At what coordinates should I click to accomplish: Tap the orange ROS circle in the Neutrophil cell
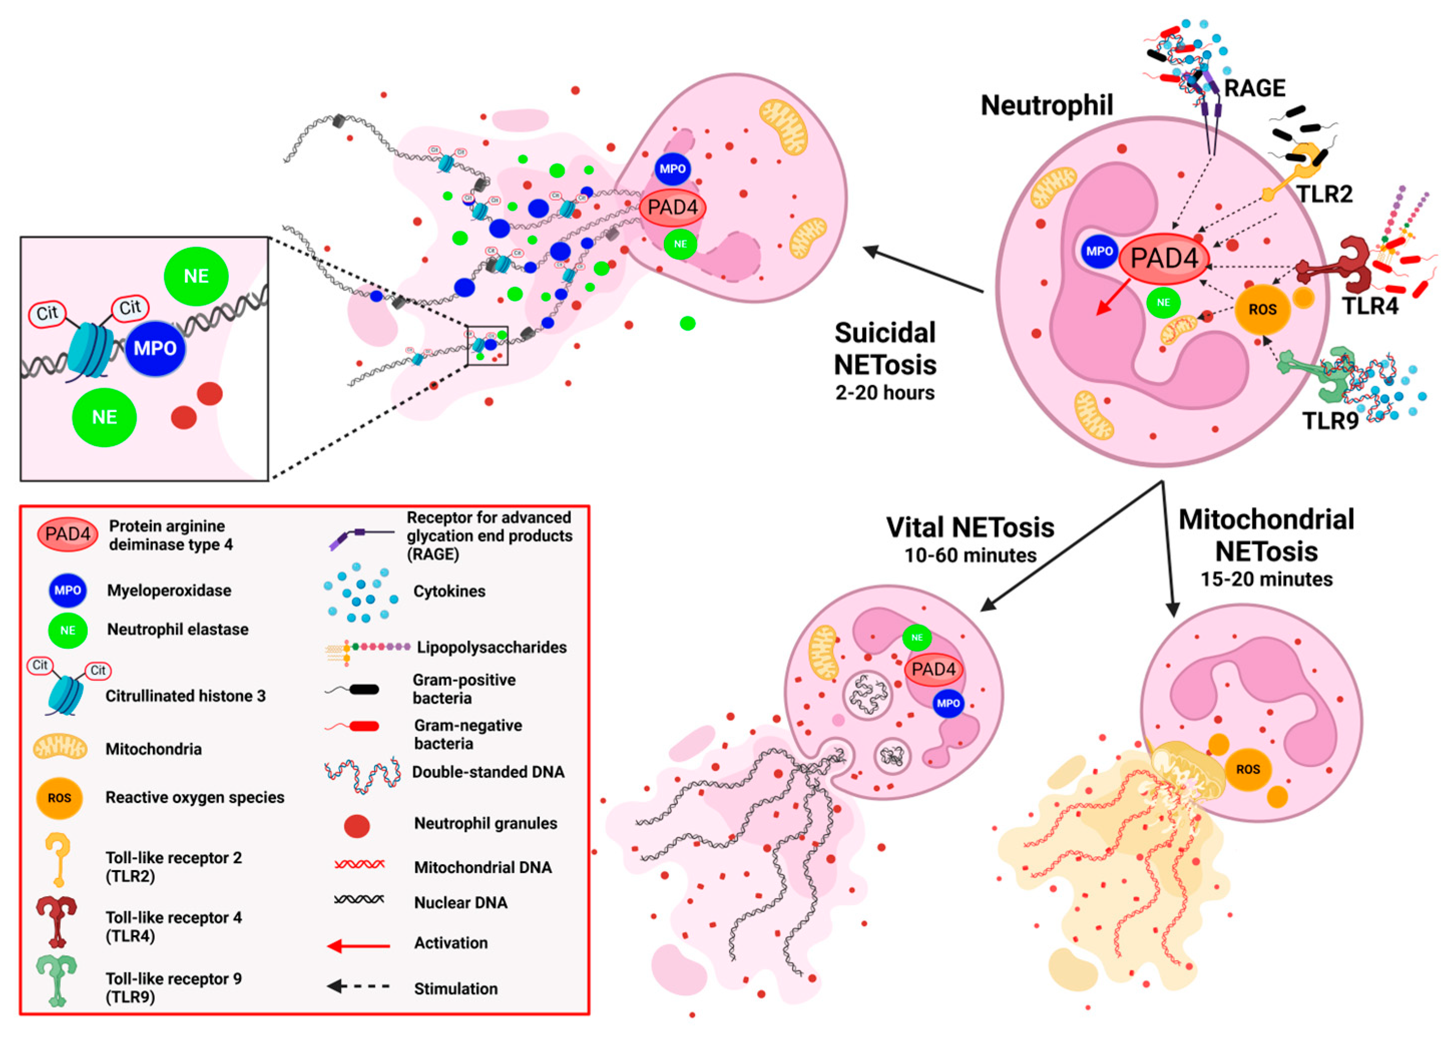1262,310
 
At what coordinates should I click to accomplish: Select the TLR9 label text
1330,421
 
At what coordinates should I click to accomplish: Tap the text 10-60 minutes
970,556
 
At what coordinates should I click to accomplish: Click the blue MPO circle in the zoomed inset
155,348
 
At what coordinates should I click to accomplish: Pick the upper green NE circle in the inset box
196,276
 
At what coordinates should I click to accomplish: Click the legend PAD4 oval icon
68,534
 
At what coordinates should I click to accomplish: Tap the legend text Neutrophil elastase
177,630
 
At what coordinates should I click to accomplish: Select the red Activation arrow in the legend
359,946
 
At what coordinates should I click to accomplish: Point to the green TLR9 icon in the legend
57,980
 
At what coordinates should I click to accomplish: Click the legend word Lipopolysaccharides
491,647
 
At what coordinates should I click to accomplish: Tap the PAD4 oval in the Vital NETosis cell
933,670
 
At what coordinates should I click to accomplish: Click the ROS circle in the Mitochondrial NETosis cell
1247,769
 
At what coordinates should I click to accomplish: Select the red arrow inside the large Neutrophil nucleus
1112,299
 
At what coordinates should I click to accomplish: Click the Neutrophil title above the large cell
1047,105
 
